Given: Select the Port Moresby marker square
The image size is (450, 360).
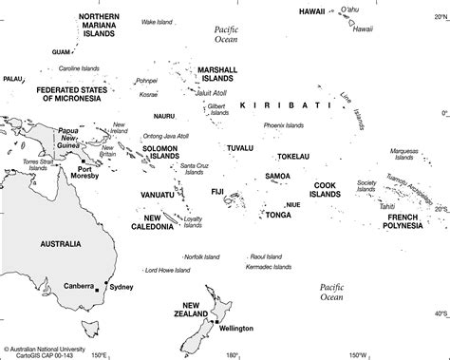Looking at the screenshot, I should (x=70, y=168).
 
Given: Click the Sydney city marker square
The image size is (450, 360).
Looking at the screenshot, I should (x=106, y=287).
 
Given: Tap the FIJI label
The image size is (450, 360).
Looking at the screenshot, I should (x=217, y=192).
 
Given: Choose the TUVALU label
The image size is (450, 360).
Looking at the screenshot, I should (x=239, y=148).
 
